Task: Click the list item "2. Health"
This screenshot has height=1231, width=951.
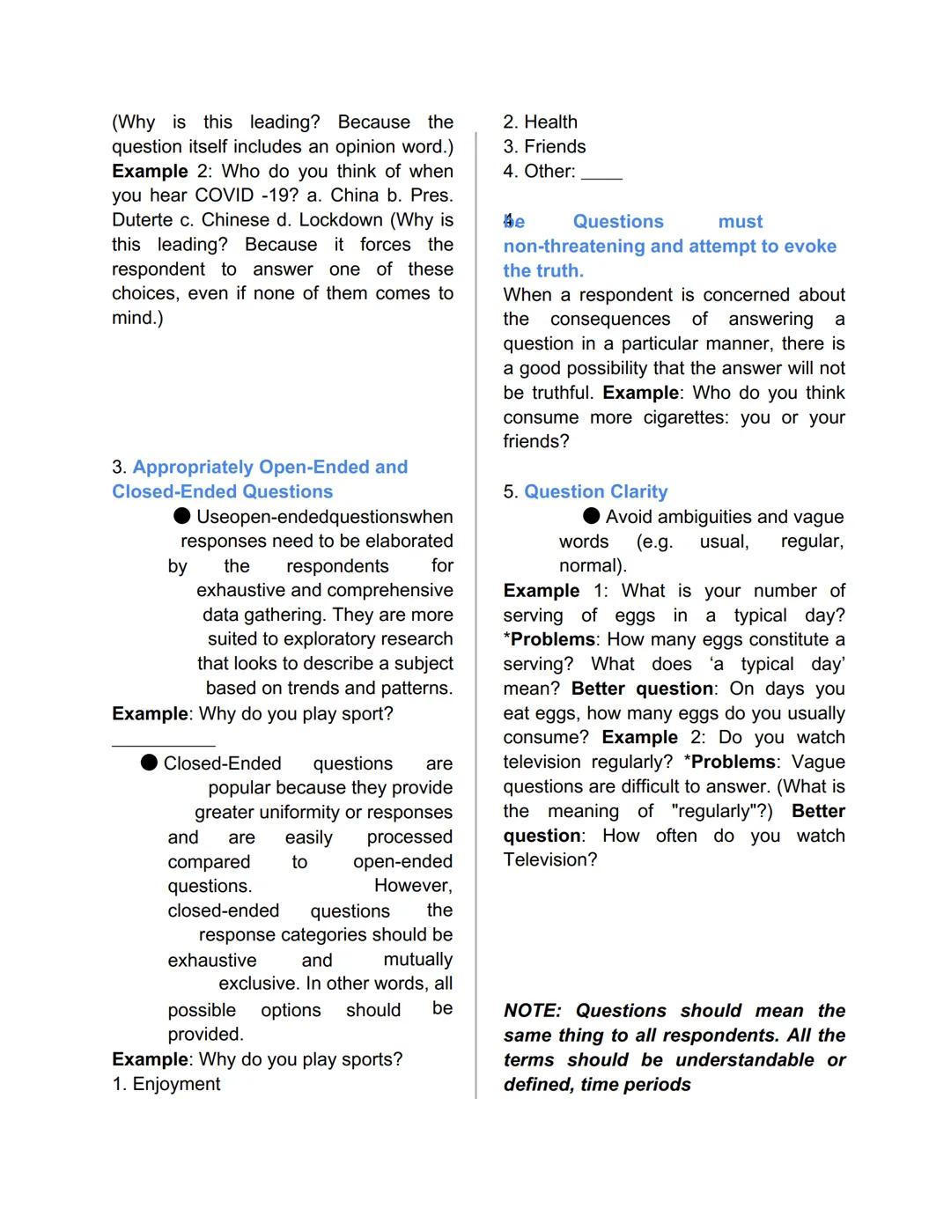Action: [540, 122]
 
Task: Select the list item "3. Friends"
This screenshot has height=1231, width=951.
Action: [544, 147]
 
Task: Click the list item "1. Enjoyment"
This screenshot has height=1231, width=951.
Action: [166, 1084]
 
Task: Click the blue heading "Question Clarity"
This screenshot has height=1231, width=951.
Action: [595, 491]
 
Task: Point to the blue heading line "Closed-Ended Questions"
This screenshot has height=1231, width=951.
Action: [222, 491]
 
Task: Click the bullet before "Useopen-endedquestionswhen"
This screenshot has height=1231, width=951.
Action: [182, 516]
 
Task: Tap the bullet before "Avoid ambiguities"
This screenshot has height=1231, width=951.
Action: [592, 516]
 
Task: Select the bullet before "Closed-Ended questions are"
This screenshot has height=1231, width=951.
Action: [150, 763]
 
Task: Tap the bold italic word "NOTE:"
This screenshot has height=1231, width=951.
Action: [532, 1011]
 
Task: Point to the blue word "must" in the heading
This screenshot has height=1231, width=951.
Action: [740, 222]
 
